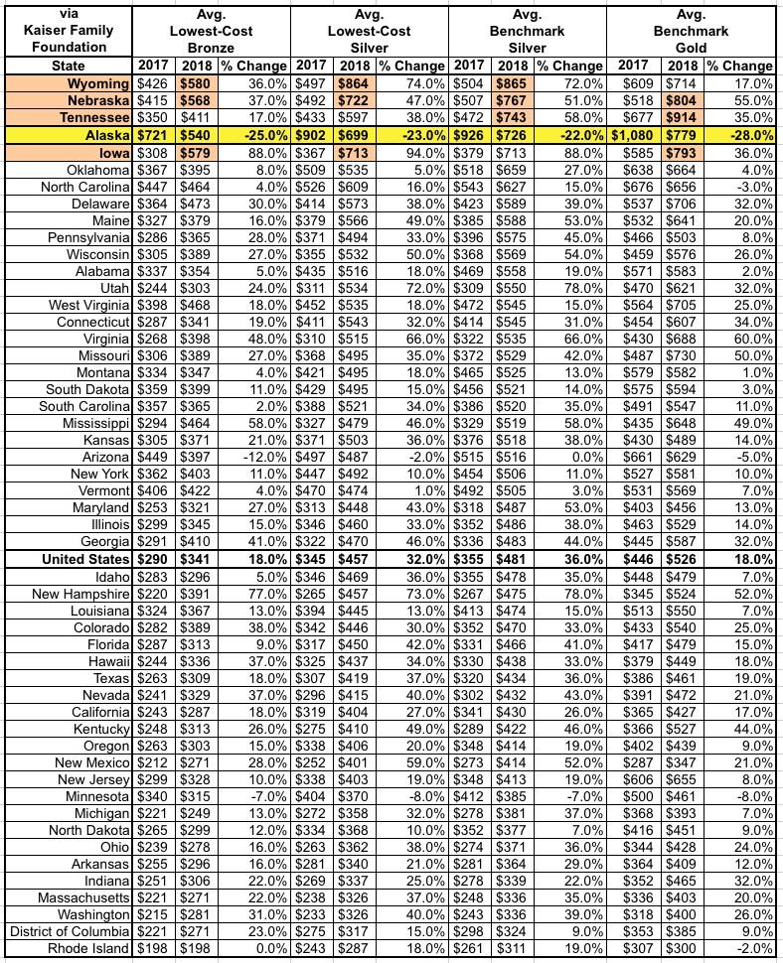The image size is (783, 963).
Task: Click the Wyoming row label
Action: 95,82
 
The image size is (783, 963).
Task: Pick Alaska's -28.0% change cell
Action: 738,135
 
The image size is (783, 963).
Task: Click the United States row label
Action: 85,560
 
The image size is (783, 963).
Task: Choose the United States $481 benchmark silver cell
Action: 513,560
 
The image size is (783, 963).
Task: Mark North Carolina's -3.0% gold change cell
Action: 738,187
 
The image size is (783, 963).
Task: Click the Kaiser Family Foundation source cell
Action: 67,31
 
